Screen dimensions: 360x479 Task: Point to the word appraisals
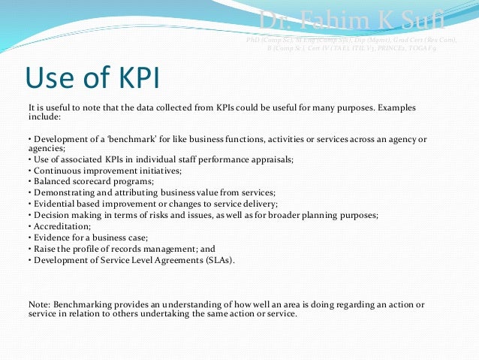[x=271, y=159]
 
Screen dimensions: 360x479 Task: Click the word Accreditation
[x=60, y=225]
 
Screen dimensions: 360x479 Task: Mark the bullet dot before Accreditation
[x=29, y=225]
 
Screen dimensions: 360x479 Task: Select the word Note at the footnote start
[x=39, y=304]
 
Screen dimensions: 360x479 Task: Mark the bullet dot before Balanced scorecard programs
[x=29, y=181]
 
